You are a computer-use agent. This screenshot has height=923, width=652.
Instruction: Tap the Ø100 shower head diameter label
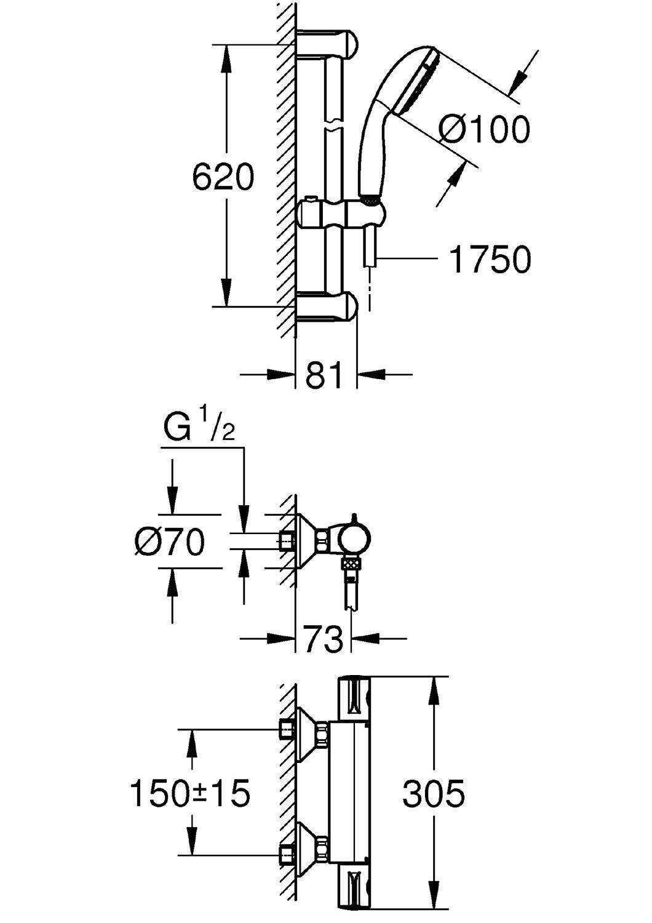[x=485, y=130]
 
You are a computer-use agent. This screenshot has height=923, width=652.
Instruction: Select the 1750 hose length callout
[x=490, y=260]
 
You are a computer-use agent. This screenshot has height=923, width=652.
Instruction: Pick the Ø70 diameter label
[x=170, y=542]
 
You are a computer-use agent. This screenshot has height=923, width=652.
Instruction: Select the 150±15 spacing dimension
[x=190, y=793]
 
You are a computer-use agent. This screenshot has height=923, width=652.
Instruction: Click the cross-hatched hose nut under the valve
[x=352, y=562]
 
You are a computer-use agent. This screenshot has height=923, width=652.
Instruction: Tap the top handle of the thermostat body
[x=354, y=699]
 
